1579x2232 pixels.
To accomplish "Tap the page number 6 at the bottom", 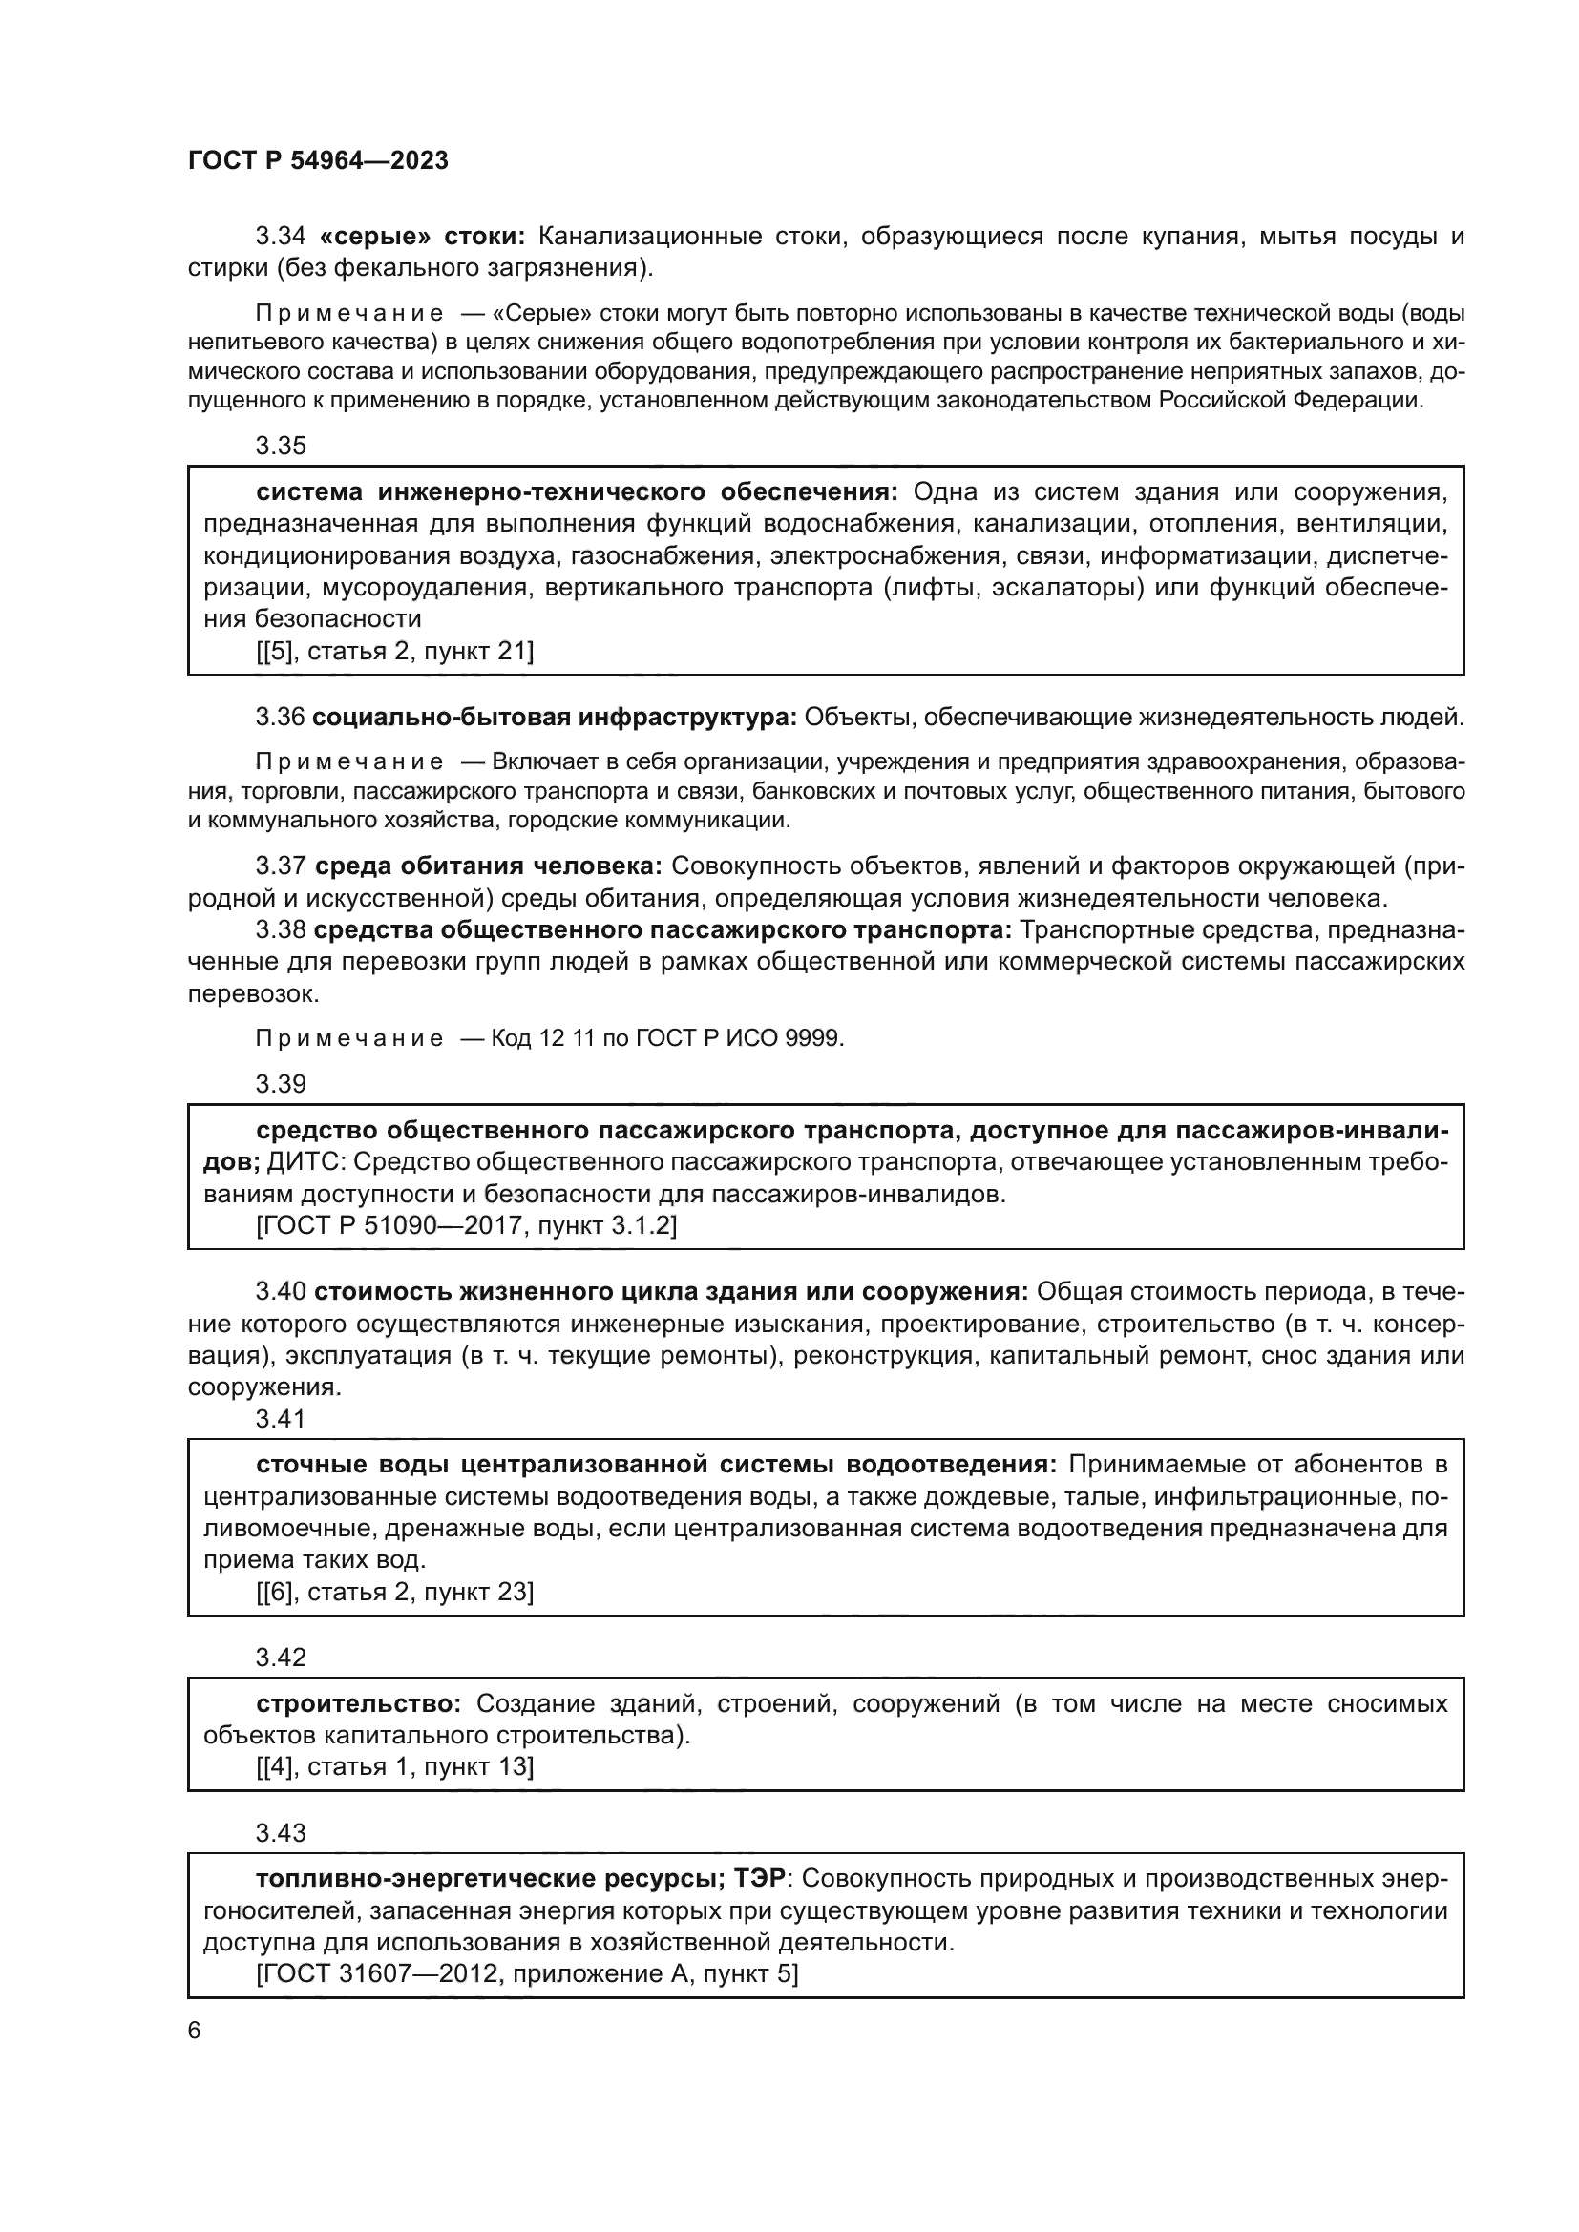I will tap(195, 2030).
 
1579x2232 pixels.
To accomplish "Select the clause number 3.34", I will tap(280, 237).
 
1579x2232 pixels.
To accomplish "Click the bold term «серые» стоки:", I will tap(422, 237).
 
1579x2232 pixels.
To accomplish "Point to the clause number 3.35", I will tap(280, 446).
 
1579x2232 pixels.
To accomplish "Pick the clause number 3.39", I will tap(280, 1083).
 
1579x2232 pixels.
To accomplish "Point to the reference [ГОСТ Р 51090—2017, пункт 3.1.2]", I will tap(467, 1225).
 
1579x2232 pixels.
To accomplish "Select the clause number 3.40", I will tap(280, 1291).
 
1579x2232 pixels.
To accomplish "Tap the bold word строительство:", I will tap(359, 1703).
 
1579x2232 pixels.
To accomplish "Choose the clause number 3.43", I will tap(280, 1832).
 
